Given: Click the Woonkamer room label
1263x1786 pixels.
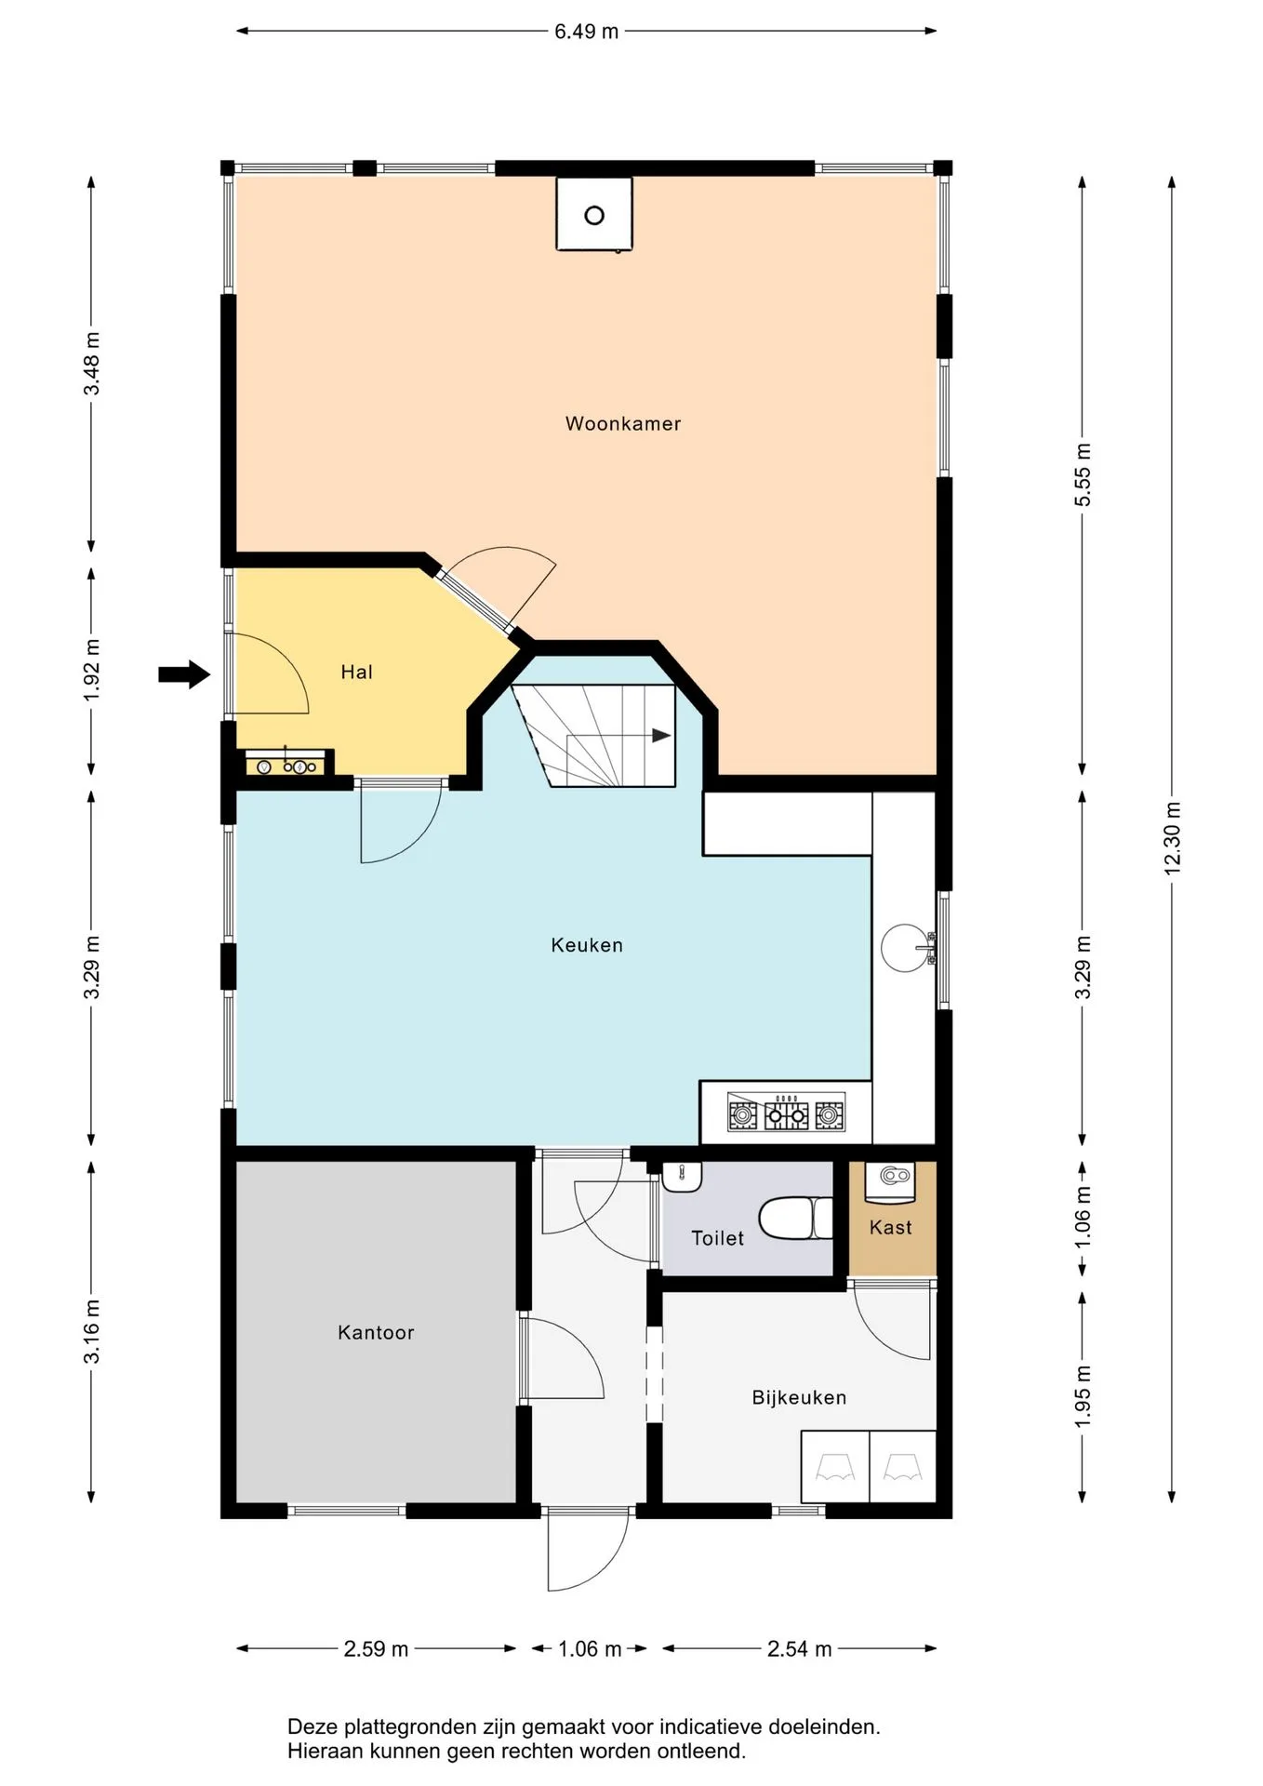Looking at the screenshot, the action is [623, 424].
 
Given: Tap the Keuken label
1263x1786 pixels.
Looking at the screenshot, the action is [587, 945].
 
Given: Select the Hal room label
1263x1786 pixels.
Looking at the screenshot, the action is [356, 672].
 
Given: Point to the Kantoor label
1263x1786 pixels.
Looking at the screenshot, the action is [376, 1332].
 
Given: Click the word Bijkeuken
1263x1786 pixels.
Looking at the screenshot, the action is [799, 1397].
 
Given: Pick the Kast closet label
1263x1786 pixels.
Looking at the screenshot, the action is [890, 1227].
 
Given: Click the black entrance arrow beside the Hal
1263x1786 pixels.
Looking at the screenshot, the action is [184, 674].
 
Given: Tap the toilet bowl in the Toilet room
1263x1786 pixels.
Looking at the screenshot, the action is [795, 1218].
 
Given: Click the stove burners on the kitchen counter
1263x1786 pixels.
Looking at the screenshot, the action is [786, 1113].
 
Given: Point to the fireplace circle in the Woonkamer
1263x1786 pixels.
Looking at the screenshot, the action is [594, 216].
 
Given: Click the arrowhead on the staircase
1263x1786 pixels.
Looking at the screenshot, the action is [661, 736].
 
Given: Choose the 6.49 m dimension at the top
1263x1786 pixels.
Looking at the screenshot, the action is [586, 32].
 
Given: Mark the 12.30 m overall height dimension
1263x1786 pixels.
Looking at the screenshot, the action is [1172, 837].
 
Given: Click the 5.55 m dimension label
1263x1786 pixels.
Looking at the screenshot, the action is [1083, 475].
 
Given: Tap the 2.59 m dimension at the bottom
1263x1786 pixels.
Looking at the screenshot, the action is [376, 1648].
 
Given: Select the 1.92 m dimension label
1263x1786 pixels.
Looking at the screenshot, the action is [91, 671].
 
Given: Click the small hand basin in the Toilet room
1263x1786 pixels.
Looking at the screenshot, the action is [682, 1177].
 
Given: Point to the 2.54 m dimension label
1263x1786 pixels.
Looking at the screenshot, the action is [799, 1648].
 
